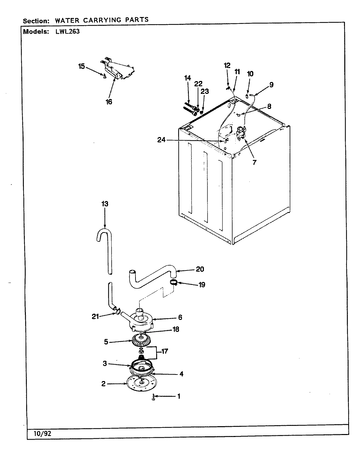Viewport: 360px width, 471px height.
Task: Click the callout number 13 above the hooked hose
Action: [x=104, y=204]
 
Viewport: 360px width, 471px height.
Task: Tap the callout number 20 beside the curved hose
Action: [x=200, y=269]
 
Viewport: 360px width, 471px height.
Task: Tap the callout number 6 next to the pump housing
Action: [x=180, y=318]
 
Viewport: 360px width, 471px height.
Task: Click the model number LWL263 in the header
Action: [x=65, y=32]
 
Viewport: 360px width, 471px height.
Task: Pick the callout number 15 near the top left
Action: [x=81, y=66]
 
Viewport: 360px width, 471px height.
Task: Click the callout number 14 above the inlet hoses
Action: [x=188, y=78]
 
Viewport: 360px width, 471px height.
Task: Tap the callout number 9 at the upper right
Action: [x=271, y=85]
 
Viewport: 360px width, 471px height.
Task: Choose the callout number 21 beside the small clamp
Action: [x=95, y=316]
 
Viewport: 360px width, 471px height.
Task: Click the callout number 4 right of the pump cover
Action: [x=181, y=374]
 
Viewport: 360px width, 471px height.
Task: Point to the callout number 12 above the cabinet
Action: [x=227, y=65]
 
